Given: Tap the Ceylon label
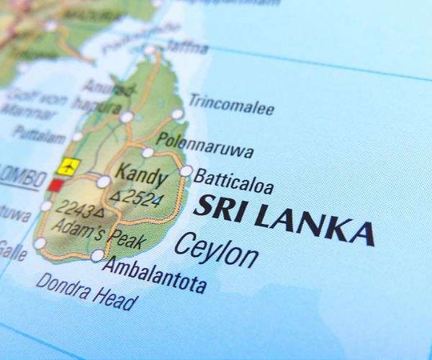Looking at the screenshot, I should pyautogui.click(x=216, y=251).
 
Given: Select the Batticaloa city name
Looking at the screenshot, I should pyautogui.click(x=234, y=181).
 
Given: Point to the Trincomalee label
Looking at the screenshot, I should pyautogui.click(x=231, y=105).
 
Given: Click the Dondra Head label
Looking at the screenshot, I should pyautogui.click(x=86, y=291).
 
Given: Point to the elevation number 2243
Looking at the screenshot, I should pyautogui.click(x=78, y=210).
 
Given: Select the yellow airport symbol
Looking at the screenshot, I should pyautogui.click(x=68, y=166).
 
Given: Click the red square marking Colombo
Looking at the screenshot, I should pyautogui.click(x=55, y=185).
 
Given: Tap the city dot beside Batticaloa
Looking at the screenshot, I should pyautogui.click(x=186, y=171).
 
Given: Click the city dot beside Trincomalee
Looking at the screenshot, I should pyautogui.click(x=177, y=114).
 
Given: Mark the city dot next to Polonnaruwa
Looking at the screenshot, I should pyautogui.click(x=148, y=152).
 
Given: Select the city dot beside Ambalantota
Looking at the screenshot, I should pyautogui.click(x=97, y=255).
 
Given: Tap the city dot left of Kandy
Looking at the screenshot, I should pyautogui.click(x=104, y=181).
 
